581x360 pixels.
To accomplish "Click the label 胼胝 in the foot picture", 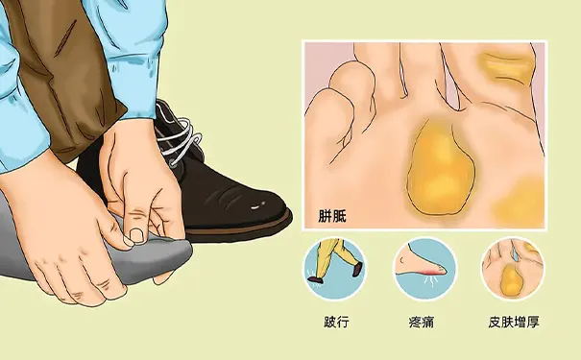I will [x=332, y=217].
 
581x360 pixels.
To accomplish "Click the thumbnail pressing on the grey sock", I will [x=138, y=232].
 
